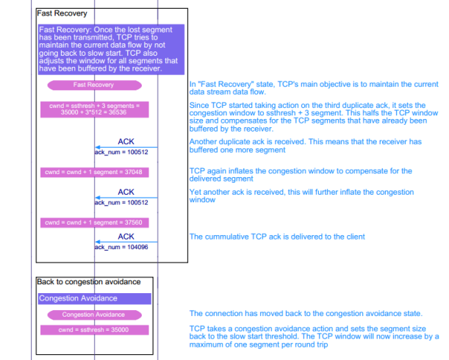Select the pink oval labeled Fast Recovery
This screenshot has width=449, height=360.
point(94,85)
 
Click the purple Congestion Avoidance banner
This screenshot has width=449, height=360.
point(94,299)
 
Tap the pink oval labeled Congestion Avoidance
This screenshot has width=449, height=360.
point(94,314)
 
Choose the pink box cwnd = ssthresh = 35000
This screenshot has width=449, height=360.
point(94,330)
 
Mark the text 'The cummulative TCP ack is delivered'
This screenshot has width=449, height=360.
point(277,237)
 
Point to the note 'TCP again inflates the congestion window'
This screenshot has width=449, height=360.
point(301,175)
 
